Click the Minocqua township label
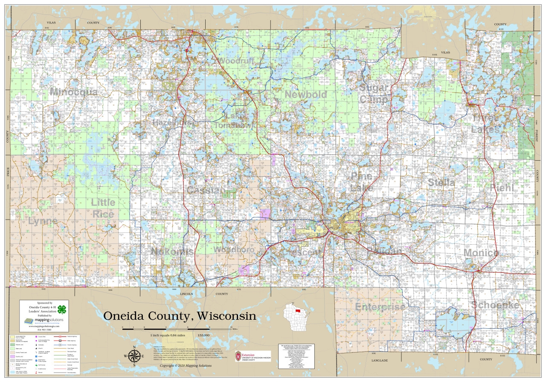(x=73, y=92)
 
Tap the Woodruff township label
(x=236, y=61)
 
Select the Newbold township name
(x=306, y=95)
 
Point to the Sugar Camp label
(x=374, y=93)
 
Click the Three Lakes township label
(x=485, y=123)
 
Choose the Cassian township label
(x=206, y=191)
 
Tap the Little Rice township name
(x=103, y=208)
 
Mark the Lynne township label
(x=43, y=221)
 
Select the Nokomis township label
(x=172, y=252)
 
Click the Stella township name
(x=441, y=182)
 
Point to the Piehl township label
(x=502, y=188)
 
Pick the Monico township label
(x=481, y=253)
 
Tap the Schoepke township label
(x=495, y=305)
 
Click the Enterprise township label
(x=380, y=307)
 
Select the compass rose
(x=134, y=356)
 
